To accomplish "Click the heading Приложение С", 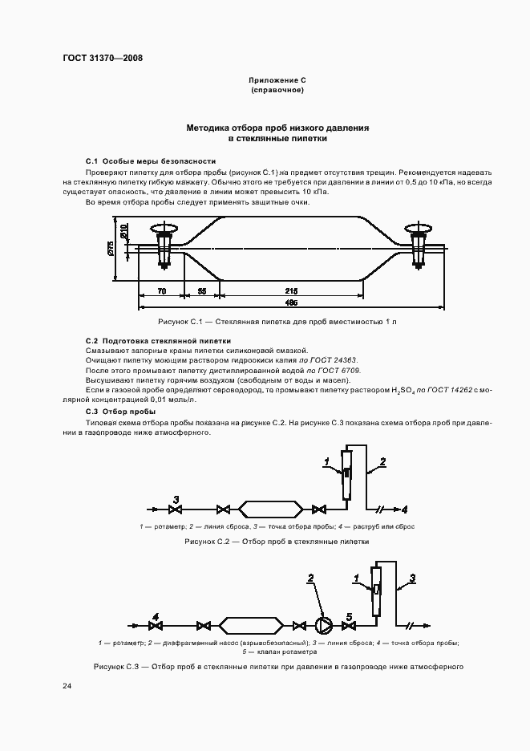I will click(x=277, y=82).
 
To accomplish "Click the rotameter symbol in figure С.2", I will click(x=345, y=475).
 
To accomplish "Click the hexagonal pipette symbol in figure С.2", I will click(x=271, y=509).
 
